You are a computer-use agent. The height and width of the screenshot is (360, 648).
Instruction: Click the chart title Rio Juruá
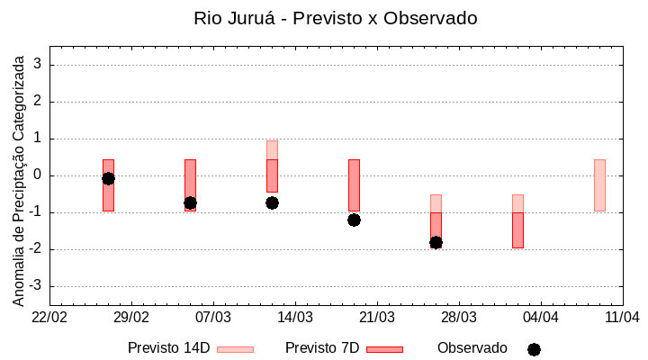(336, 18)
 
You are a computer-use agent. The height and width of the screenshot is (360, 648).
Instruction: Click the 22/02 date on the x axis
(49, 318)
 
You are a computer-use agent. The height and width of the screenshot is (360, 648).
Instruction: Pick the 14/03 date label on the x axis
(295, 318)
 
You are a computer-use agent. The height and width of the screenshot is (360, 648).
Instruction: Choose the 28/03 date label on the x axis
(459, 318)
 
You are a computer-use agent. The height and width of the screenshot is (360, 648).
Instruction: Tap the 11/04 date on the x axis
(622, 318)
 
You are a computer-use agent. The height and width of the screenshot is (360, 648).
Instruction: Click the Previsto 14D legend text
(168, 348)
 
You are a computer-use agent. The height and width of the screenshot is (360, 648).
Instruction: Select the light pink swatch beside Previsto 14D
(235, 349)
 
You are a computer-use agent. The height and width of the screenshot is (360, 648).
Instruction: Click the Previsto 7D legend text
(321, 348)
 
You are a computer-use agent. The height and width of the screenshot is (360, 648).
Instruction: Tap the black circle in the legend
(534, 349)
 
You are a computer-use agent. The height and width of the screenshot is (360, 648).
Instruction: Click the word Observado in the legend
(472, 348)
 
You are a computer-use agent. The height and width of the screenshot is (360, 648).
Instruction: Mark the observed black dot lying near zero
(108, 178)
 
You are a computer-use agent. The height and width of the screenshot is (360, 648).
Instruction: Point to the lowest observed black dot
(436, 242)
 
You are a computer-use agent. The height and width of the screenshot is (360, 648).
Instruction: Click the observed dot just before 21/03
(354, 220)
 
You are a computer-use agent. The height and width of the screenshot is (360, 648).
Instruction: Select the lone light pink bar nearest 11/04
(599, 185)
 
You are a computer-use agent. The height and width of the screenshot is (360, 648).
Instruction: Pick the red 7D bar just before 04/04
(517, 230)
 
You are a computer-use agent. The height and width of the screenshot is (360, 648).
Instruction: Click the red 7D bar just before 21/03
(354, 185)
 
